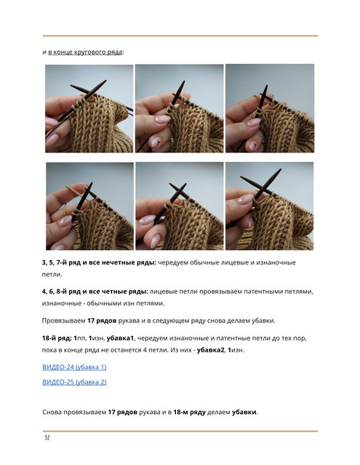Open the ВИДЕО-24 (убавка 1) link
click(x=74, y=367)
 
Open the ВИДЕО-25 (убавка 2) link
click(x=74, y=382)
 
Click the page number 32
click(x=47, y=437)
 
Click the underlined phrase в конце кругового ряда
click(x=85, y=52)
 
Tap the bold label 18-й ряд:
click(x=57, y=338)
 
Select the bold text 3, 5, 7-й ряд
click(x=61, y=262)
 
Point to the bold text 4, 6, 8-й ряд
click(x=61, y=291)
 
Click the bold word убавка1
click(x=120, y=338)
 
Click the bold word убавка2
click(x=211, y=350)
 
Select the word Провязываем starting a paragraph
click(x=63, y=320)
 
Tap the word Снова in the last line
click(x=52, y=412)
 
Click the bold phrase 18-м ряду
click(x=189, y=412)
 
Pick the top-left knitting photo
click(x=89, y=108)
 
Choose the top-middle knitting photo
click(x=179, y=108)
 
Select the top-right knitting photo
click(x=270, y=108)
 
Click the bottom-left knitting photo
click(x=89, y=206)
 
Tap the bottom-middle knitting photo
click(x=180, y=206)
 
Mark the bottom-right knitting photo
click(x=270, y=206)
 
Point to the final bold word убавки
click(x=244, y=412)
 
